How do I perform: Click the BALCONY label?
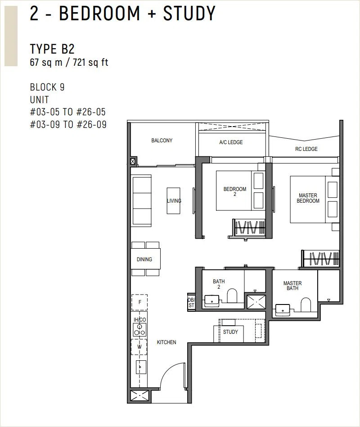(x=162, y=141)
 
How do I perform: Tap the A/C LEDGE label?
(x=231, y=142)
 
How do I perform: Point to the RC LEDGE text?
(x=306, y=149)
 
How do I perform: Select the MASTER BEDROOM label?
(x=308, y=198)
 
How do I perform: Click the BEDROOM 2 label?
(x=235, y=191)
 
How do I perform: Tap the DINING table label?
(x=144, y=259)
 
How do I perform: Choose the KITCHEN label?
(x=166, y=342)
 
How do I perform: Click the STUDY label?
(x=230, y=332)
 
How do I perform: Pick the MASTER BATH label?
(x=292, y=286)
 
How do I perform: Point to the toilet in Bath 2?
(x=232, y=296)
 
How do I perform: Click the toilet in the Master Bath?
(x=306, y=304)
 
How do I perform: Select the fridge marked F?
(x=139, y=302)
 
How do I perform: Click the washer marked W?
(x=139, y=347)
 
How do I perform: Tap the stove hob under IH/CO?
(x=139, y=330)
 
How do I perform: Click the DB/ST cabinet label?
(x=191, y=303)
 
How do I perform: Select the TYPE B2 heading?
(x=52, y=49)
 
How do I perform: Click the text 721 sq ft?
(x=90, y=62)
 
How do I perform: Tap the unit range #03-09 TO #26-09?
(x=68, y=124)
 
